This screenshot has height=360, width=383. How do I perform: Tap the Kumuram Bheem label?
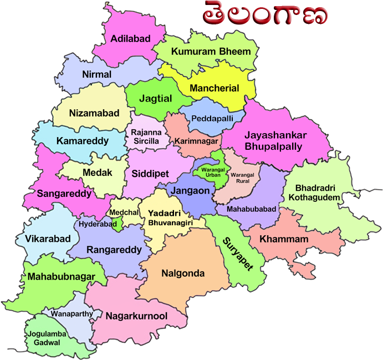(x=211, y=52)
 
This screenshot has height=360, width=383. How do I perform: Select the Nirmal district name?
(x=96, y=74)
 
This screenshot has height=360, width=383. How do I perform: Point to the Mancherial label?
(x=215, y=88)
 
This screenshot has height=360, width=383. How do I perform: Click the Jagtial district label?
(x=156, y=98)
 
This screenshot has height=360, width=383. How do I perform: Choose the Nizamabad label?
(x=94, y=113)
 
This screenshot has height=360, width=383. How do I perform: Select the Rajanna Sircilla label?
(x=146, y=137)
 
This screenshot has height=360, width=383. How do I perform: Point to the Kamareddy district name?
(x=83, y=141)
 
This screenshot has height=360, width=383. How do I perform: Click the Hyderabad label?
(x=98, y=225)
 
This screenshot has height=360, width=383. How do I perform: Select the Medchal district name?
(x=124, y=212)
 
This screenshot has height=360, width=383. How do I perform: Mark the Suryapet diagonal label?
(x=237, y=253)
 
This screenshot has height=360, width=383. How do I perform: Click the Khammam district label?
(x=284, y=239)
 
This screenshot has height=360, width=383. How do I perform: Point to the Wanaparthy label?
(x=72, y=314)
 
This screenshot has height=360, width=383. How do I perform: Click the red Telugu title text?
(x=264, y=15)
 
